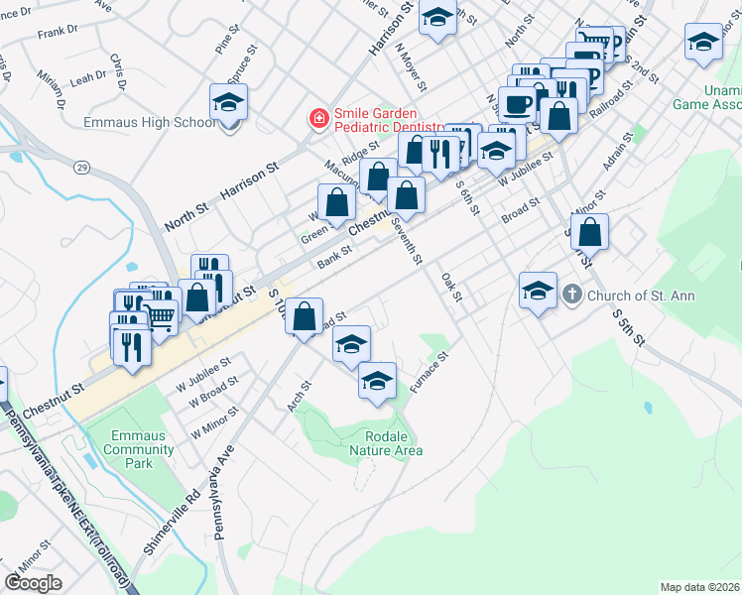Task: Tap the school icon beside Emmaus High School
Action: (229, 104)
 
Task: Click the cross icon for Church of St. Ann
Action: (571, 296)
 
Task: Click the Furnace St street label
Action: (431, 370)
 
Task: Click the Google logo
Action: (34, 583)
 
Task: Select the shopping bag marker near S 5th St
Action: (589, 233)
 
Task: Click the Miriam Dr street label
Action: (48, 86)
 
